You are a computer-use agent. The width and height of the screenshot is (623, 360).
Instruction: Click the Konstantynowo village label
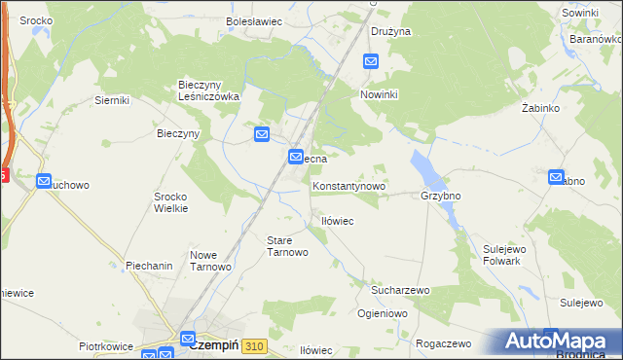pyautogui.click(x=349, y=185)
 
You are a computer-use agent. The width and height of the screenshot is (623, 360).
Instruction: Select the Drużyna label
pyautogui.click(x=391, y=31)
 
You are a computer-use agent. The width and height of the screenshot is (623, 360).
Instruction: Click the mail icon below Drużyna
pyautogui.click(x=371, y=61)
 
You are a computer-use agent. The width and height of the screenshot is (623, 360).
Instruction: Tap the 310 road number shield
pyautogui.click(x=255, y=345)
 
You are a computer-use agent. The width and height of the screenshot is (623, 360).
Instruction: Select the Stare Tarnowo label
pyautogui.click(x=287, y=245)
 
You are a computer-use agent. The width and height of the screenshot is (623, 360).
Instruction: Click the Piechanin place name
pyautogui.click(x=149, y=265)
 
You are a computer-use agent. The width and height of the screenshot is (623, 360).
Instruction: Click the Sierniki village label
pyautogui.click(x=113, y=99)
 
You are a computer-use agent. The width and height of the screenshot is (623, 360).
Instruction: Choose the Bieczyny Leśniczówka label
pyautogui.click(x=208, y=90)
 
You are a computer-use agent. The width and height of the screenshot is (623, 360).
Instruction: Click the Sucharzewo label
pyautogui.click(x=400, y=290)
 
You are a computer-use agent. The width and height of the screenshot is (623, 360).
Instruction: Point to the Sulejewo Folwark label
pyautogui.click(x=504, y=255)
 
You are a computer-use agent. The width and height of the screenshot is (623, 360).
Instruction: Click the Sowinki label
pyautogui.click(x=579, y=13)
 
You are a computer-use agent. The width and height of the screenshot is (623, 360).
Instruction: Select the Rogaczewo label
pyautogui.click(x=443, y=343)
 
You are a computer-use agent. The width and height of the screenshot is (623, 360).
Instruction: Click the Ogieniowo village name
pyautogui.click(x=383, y=313)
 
